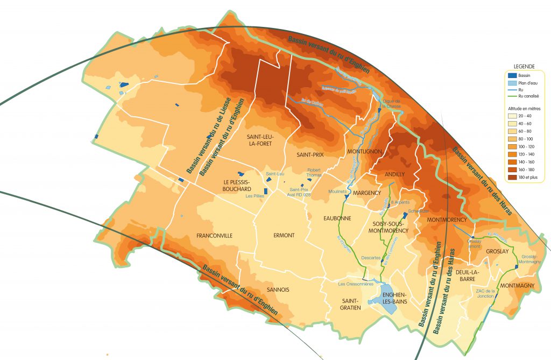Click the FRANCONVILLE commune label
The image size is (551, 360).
pos(214,236)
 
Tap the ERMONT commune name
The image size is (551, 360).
pos(284,236)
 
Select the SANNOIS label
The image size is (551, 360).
pos(278,290)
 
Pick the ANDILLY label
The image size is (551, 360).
pos(394,174)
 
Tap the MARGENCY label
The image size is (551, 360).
pos(368,193)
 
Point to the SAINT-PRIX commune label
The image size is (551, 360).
pos(310,154)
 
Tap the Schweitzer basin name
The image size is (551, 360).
pos(418,211)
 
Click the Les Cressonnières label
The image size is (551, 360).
pos(355,284)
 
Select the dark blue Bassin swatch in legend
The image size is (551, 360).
pos(512,76)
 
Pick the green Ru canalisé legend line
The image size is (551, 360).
pos(512,96)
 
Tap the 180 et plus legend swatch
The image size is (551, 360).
pos(512,177)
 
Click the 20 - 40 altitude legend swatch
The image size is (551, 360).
pos(512,116)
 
